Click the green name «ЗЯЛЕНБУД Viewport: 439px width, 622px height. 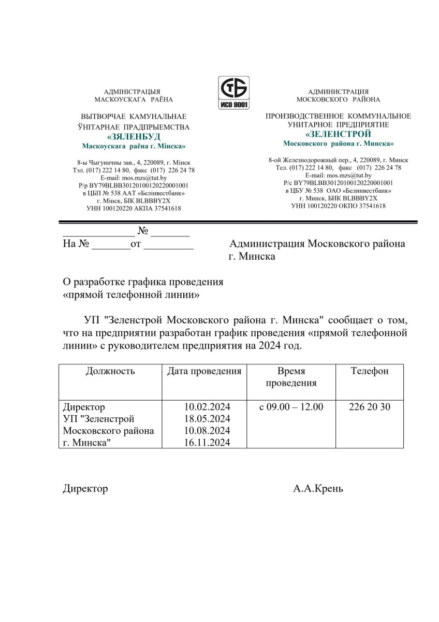pos(134,137)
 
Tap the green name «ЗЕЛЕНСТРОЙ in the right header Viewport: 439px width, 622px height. pos(338,134)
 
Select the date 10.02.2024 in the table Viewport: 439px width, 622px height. pos(207,407)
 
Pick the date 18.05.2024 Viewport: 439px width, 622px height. pos(207,419)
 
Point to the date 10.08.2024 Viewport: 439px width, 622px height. pos(207,431)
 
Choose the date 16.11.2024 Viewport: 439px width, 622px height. pos(207,443)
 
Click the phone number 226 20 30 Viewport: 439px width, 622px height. pos(370,407)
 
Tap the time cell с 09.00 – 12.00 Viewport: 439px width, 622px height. pos(291,407)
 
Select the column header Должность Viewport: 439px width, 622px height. pos(110,371)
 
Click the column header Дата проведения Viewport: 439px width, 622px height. pos(204,371)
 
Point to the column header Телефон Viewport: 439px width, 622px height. pos(370,371)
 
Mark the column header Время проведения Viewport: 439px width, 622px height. pos(291,377)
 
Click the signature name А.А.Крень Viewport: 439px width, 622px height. pos(318,489)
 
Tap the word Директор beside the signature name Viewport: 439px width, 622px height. pos(85,489)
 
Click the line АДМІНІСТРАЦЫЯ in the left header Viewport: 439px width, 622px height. pos(132,91)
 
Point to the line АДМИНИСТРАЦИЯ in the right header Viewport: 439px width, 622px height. pos(338,91)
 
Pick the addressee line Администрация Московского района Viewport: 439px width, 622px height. pos(317,244)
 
